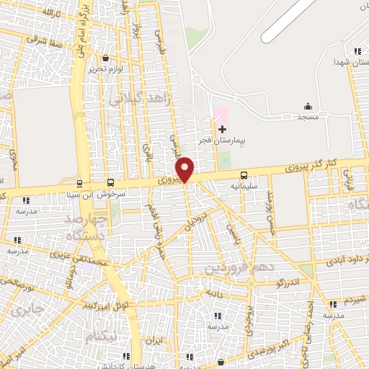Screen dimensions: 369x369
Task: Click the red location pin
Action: coord(185,169)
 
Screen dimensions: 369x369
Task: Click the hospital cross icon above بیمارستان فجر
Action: coord(222,128)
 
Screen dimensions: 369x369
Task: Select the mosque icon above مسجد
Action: coord(308,106)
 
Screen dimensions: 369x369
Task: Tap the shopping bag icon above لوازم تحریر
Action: coord(106,58)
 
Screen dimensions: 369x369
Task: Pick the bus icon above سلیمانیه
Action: coord(244,175)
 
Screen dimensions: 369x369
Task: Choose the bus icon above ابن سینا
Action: coord(79,183)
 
